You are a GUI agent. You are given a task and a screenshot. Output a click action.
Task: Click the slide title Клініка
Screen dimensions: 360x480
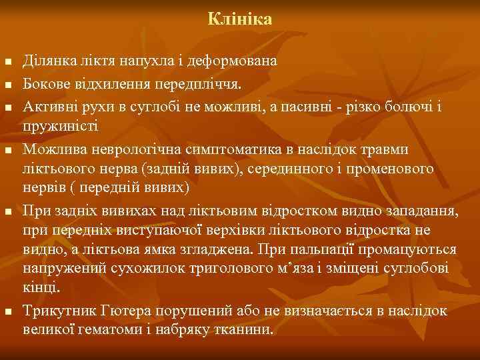coord(239,19)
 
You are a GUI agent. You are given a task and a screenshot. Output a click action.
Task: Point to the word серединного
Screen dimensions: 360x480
coord(292,167)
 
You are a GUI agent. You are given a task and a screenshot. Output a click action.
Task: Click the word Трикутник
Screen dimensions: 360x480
coord(55,311)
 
